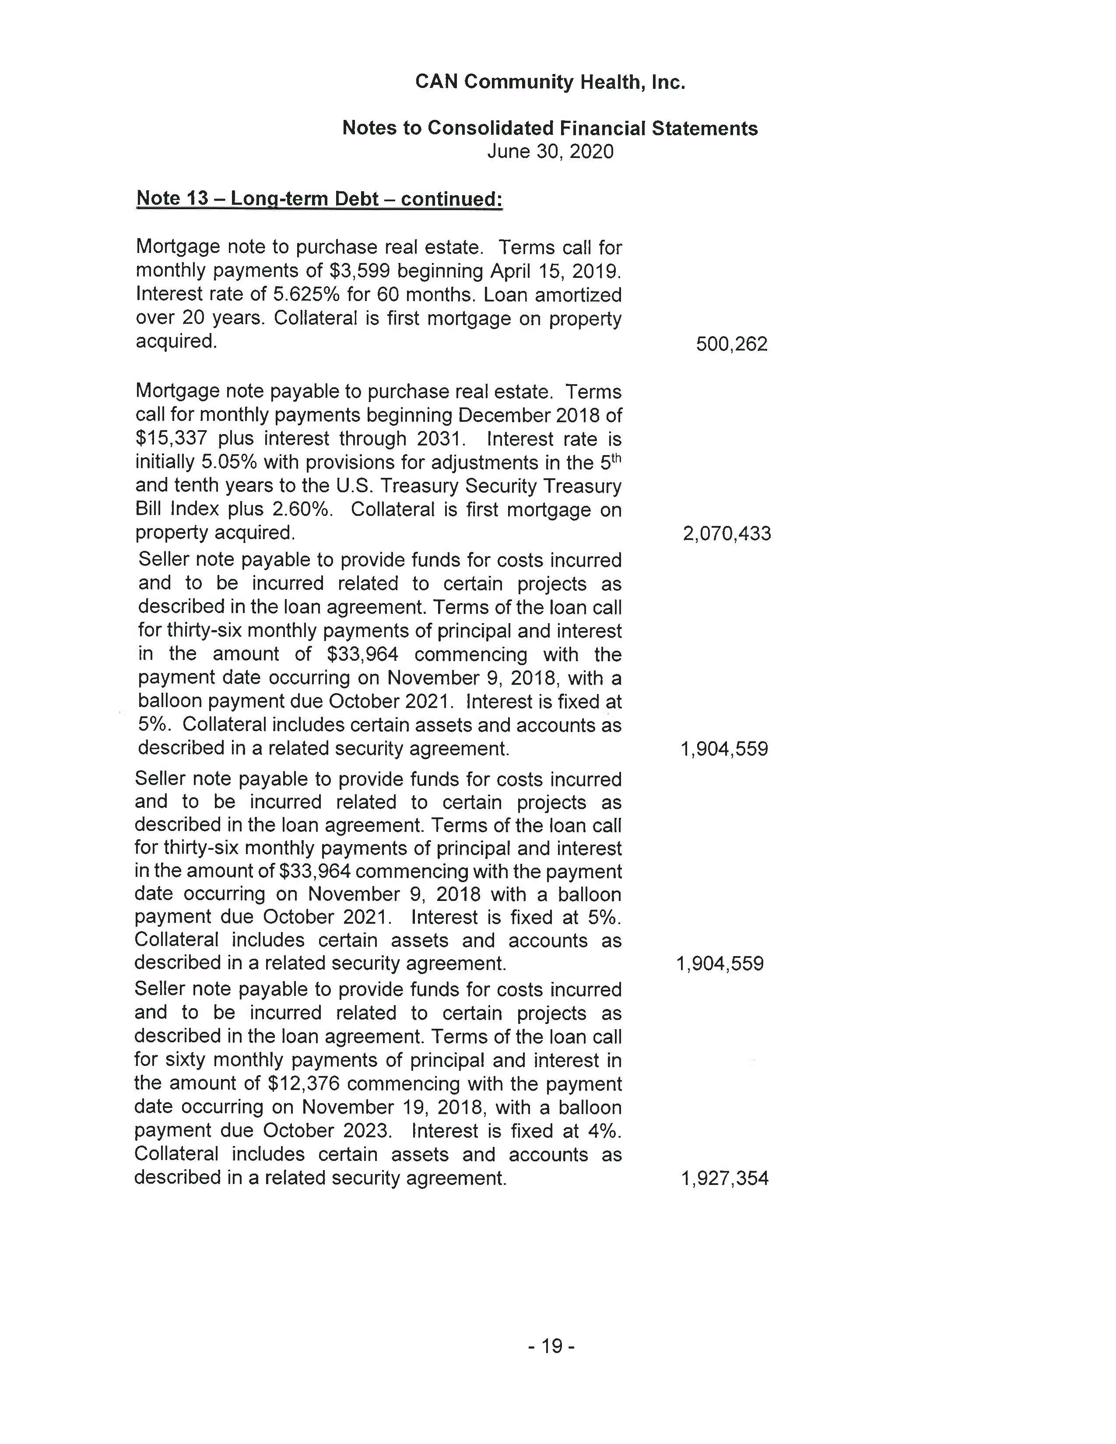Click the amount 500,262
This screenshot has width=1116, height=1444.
pos(731,344)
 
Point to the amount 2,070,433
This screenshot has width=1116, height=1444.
pos(726,533)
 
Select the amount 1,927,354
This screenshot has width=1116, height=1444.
pos(725,1178)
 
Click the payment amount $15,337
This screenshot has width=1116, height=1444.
pos(171,439)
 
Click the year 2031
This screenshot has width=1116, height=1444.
pos(441,439)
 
